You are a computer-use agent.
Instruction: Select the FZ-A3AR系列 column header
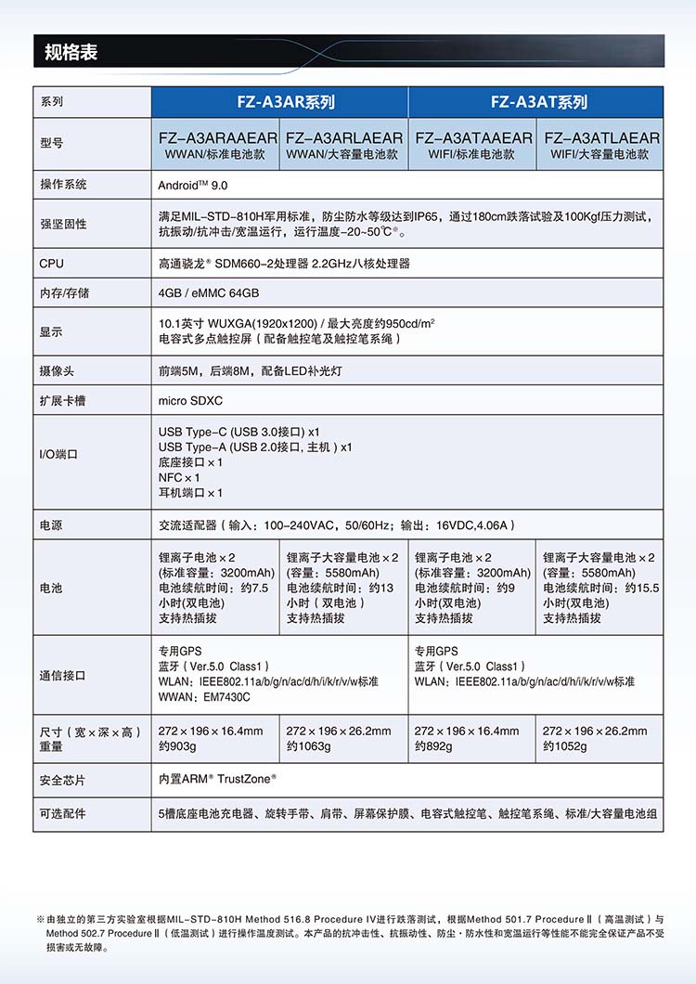pos(279,102)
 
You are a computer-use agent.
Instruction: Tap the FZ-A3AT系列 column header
pos(535,102)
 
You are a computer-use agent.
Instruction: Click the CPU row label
pos(52,263)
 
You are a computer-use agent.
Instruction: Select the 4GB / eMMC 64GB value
pos(208,292)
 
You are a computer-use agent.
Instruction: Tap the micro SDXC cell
pos(190,400)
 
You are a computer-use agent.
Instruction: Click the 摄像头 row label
pos(57,370)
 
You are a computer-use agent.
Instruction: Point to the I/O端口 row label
pos(58,455)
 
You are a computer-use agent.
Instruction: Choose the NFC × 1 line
pos(179,477)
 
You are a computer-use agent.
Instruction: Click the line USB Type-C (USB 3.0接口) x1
pos(239,432)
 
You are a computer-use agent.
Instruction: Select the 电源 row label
pos(51,524)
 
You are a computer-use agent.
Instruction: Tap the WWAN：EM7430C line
pos(204,696)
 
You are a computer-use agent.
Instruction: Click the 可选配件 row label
pos(62,813)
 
